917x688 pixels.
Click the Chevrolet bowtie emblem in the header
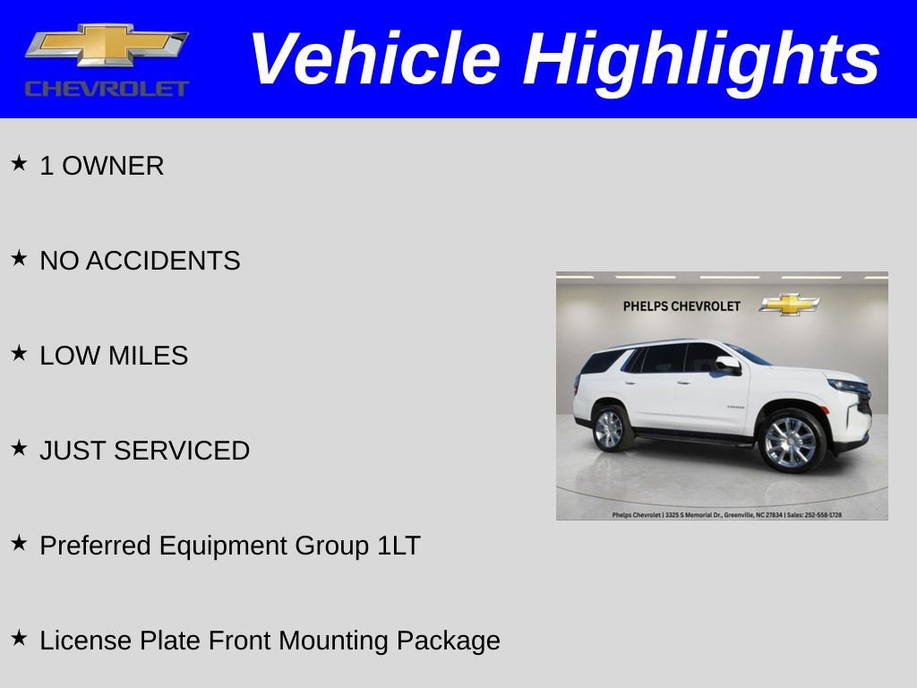coord(107,45)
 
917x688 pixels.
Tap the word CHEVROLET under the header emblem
coord(107,89)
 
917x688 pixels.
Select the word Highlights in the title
coord(701,59)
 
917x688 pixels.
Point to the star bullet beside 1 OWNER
coord(19,163)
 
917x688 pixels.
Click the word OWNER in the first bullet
coord(113,166)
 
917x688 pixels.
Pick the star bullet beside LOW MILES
coord(19,353)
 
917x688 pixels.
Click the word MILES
coord(148,356)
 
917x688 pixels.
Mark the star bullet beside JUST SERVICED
coord(19,448)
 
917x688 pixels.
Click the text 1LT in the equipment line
coord(399,546)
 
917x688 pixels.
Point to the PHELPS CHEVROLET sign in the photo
coord(681,306)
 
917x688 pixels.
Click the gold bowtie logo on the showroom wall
coord(789,305)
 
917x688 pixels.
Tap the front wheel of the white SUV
coord(790,441)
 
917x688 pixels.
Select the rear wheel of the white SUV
coord(609,429)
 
